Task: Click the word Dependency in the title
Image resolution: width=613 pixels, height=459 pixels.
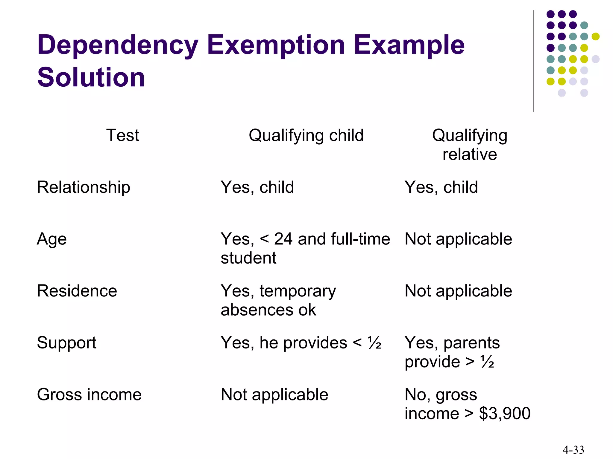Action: (x=117, y=45)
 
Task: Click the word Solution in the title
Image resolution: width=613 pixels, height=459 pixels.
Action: (x=91, y=77)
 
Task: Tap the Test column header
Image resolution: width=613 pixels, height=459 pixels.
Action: (x=122, y=135)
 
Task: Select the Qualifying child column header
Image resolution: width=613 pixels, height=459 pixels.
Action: (x=306, y=135)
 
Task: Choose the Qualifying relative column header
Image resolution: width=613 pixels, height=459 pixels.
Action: (x=469, y=145)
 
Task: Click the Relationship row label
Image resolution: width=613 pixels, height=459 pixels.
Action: (x=84, y=187)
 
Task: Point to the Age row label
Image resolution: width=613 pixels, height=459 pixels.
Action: (x=52, y=239)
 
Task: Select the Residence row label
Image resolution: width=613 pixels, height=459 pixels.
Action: (x=77, y=291)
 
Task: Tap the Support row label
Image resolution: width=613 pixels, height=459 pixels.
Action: (x=66, y=343)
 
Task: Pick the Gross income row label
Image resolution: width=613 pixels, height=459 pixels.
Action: (x=89, y=394)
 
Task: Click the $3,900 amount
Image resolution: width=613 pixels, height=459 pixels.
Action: (x=505, y=414)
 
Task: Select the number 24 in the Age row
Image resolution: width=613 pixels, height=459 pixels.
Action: (x=283, y=239)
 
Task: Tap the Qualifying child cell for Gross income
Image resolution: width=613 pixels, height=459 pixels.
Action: (x=274, y=394)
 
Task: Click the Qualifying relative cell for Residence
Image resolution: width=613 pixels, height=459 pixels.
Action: (x=458, y=291)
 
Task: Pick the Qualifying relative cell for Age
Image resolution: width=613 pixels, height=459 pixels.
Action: (x=458, y=239)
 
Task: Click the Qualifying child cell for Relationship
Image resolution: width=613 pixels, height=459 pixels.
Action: (x=257, y=187)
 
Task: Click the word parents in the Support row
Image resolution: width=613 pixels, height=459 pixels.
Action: (x=471, y=343)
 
